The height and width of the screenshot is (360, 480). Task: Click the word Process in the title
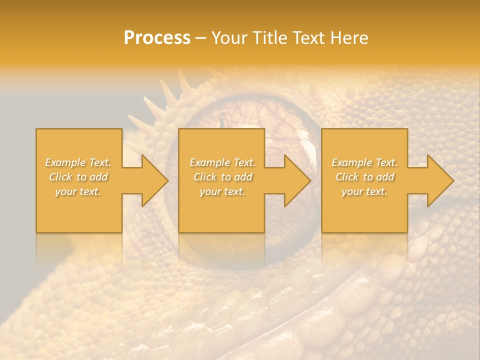point(157,38)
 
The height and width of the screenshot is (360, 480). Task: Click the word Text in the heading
point(309,38)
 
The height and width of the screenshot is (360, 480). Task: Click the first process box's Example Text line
point(78,162)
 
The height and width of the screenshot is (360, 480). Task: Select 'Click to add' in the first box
point(78,177)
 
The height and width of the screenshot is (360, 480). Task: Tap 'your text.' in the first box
point(78,191)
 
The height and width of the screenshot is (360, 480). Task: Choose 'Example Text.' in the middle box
point(222,162)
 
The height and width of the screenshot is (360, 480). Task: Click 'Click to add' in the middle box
point(222,177)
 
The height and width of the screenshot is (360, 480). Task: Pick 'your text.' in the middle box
point(222,191)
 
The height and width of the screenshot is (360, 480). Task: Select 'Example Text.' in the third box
point(364,162)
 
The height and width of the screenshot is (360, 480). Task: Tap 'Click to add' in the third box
point(364,177)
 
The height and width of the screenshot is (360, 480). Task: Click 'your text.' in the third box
point(364,191)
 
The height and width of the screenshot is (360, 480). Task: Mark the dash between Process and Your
point(201,38)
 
